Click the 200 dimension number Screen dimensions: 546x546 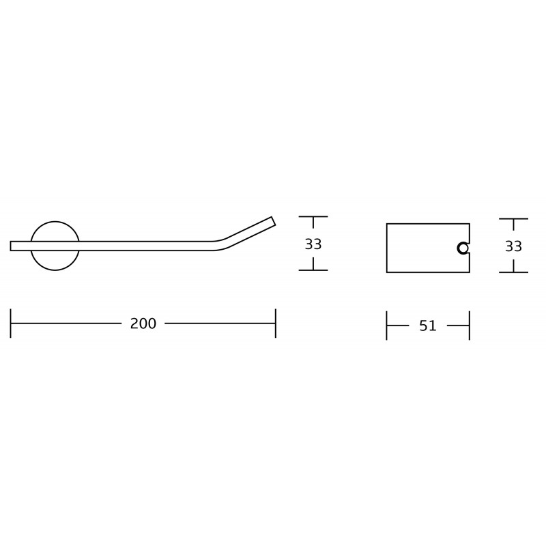143,324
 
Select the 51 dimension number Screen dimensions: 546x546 428,326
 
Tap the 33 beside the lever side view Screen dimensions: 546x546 313,244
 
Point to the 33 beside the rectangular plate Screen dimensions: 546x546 513,246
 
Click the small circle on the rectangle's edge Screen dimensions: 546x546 463,248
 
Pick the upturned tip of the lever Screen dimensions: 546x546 273,221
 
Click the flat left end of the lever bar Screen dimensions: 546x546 12,246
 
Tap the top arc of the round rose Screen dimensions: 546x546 55,222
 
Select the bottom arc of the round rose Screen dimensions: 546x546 55,270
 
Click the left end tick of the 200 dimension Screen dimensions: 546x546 11,324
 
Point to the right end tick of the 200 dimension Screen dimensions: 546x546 276,324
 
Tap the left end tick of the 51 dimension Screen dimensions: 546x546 387,326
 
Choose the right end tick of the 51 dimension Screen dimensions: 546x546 470,326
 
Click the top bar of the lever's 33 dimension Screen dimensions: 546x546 313,216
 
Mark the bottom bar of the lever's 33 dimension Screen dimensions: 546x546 313,270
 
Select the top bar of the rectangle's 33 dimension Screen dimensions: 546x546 513,219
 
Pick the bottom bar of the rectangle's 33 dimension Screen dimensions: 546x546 513,272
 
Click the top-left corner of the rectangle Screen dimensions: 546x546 387,224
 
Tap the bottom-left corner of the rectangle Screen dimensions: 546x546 387,272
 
